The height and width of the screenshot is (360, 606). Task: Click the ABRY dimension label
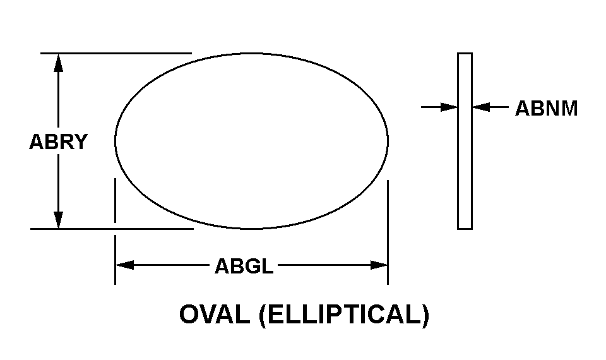pyautogui.click(x=58, y=142)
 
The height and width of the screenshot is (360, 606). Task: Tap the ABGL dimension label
pyautogui.click(x=244, y=267)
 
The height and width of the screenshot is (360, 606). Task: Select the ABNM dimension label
pyautogui.click(x=546, y=109)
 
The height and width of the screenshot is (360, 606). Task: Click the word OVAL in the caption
pyautogui.click(x=215, y=315)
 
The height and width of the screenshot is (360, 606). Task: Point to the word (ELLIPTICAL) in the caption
pyautogui.click(x=344, y=315)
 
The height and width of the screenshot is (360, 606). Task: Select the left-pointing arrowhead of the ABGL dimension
pyautogui.click(x=124, y=265)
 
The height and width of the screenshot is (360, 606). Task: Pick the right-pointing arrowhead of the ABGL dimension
pyautogui.click(x=379, y=265)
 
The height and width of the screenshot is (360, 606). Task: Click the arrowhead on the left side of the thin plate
pyautogui.click(x=450, y=107)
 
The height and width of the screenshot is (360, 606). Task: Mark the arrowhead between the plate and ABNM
pyautogui.click(x=480, y=107)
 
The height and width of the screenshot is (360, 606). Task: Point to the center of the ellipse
pyautogui.click(x=251, y=141)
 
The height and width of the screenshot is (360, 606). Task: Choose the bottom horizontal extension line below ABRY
pyautogui.click(x=110, y=229)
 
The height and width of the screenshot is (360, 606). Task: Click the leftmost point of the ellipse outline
pyautogui.click(x=115, y=141)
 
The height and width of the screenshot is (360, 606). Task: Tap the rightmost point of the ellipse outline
pyautogui.click(x=388, y=141)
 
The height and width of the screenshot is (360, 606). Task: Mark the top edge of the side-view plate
pyautogui.click(x=465, y=53)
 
